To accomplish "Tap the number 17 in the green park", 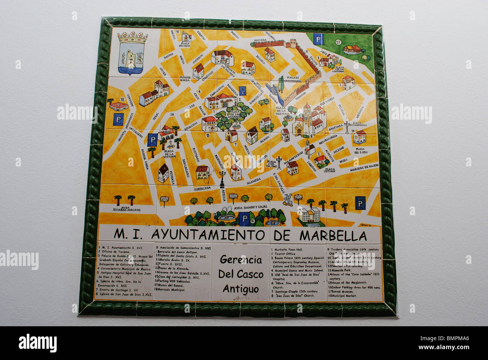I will (338, 42).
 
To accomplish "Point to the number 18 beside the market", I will (122, 99).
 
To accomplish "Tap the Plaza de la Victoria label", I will (169, 153).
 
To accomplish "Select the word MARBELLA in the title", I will (333, 236).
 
